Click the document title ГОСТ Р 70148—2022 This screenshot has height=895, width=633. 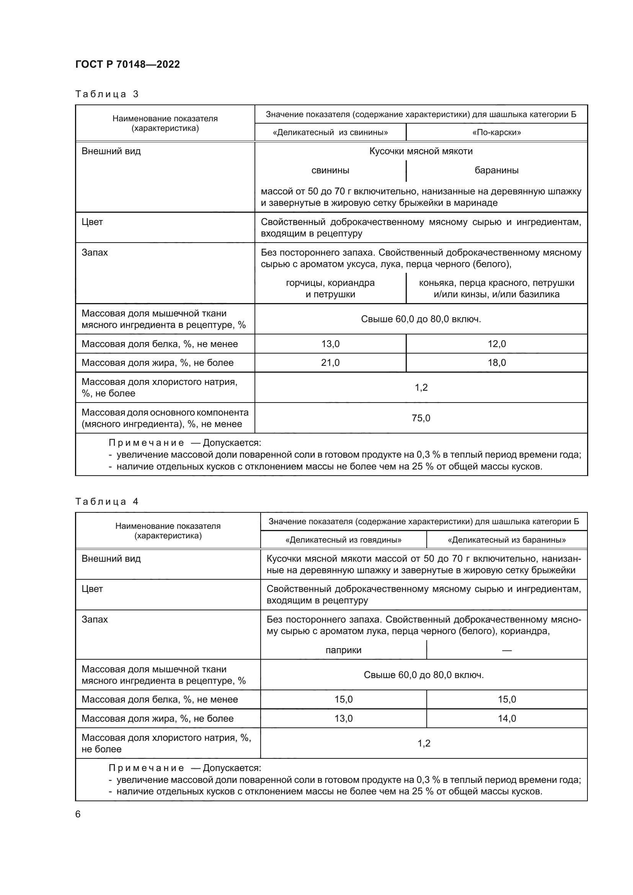coord(127,64)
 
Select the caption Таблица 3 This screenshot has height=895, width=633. coord(107,94)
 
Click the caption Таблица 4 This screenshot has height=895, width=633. coord(107,501)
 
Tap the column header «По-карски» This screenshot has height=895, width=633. coord(496,132)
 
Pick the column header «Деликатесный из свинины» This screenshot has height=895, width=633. coord(330,132)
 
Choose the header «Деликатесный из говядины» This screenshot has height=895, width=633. coord(343,540)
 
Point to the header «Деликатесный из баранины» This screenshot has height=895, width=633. coord(506,540)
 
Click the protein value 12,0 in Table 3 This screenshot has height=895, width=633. coord(497,344)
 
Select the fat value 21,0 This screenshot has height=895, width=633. coord(330,362)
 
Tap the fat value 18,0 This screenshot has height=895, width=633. coord(497,362)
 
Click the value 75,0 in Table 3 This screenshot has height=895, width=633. coord(421,418)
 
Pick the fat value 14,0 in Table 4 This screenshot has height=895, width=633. coord(506,719)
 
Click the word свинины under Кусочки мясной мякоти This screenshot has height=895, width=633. coord(330,170)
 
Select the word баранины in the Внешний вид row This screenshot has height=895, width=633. coord(496,170)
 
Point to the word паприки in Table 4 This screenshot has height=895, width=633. coord(343,650)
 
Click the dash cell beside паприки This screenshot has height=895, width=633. coord(506,650)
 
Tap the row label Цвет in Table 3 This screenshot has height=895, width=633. coord(92,222)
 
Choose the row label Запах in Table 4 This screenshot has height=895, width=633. coord(94,619)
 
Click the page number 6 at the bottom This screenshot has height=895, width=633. coord(78,814)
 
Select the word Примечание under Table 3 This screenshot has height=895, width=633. coord(146,443)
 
